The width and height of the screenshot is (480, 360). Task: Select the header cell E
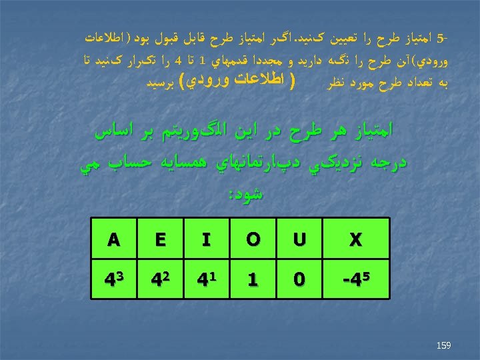(x=159, y=239)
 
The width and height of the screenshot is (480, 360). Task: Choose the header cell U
(x=299, y=239)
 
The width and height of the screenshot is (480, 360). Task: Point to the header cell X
(x=355, y=239)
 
